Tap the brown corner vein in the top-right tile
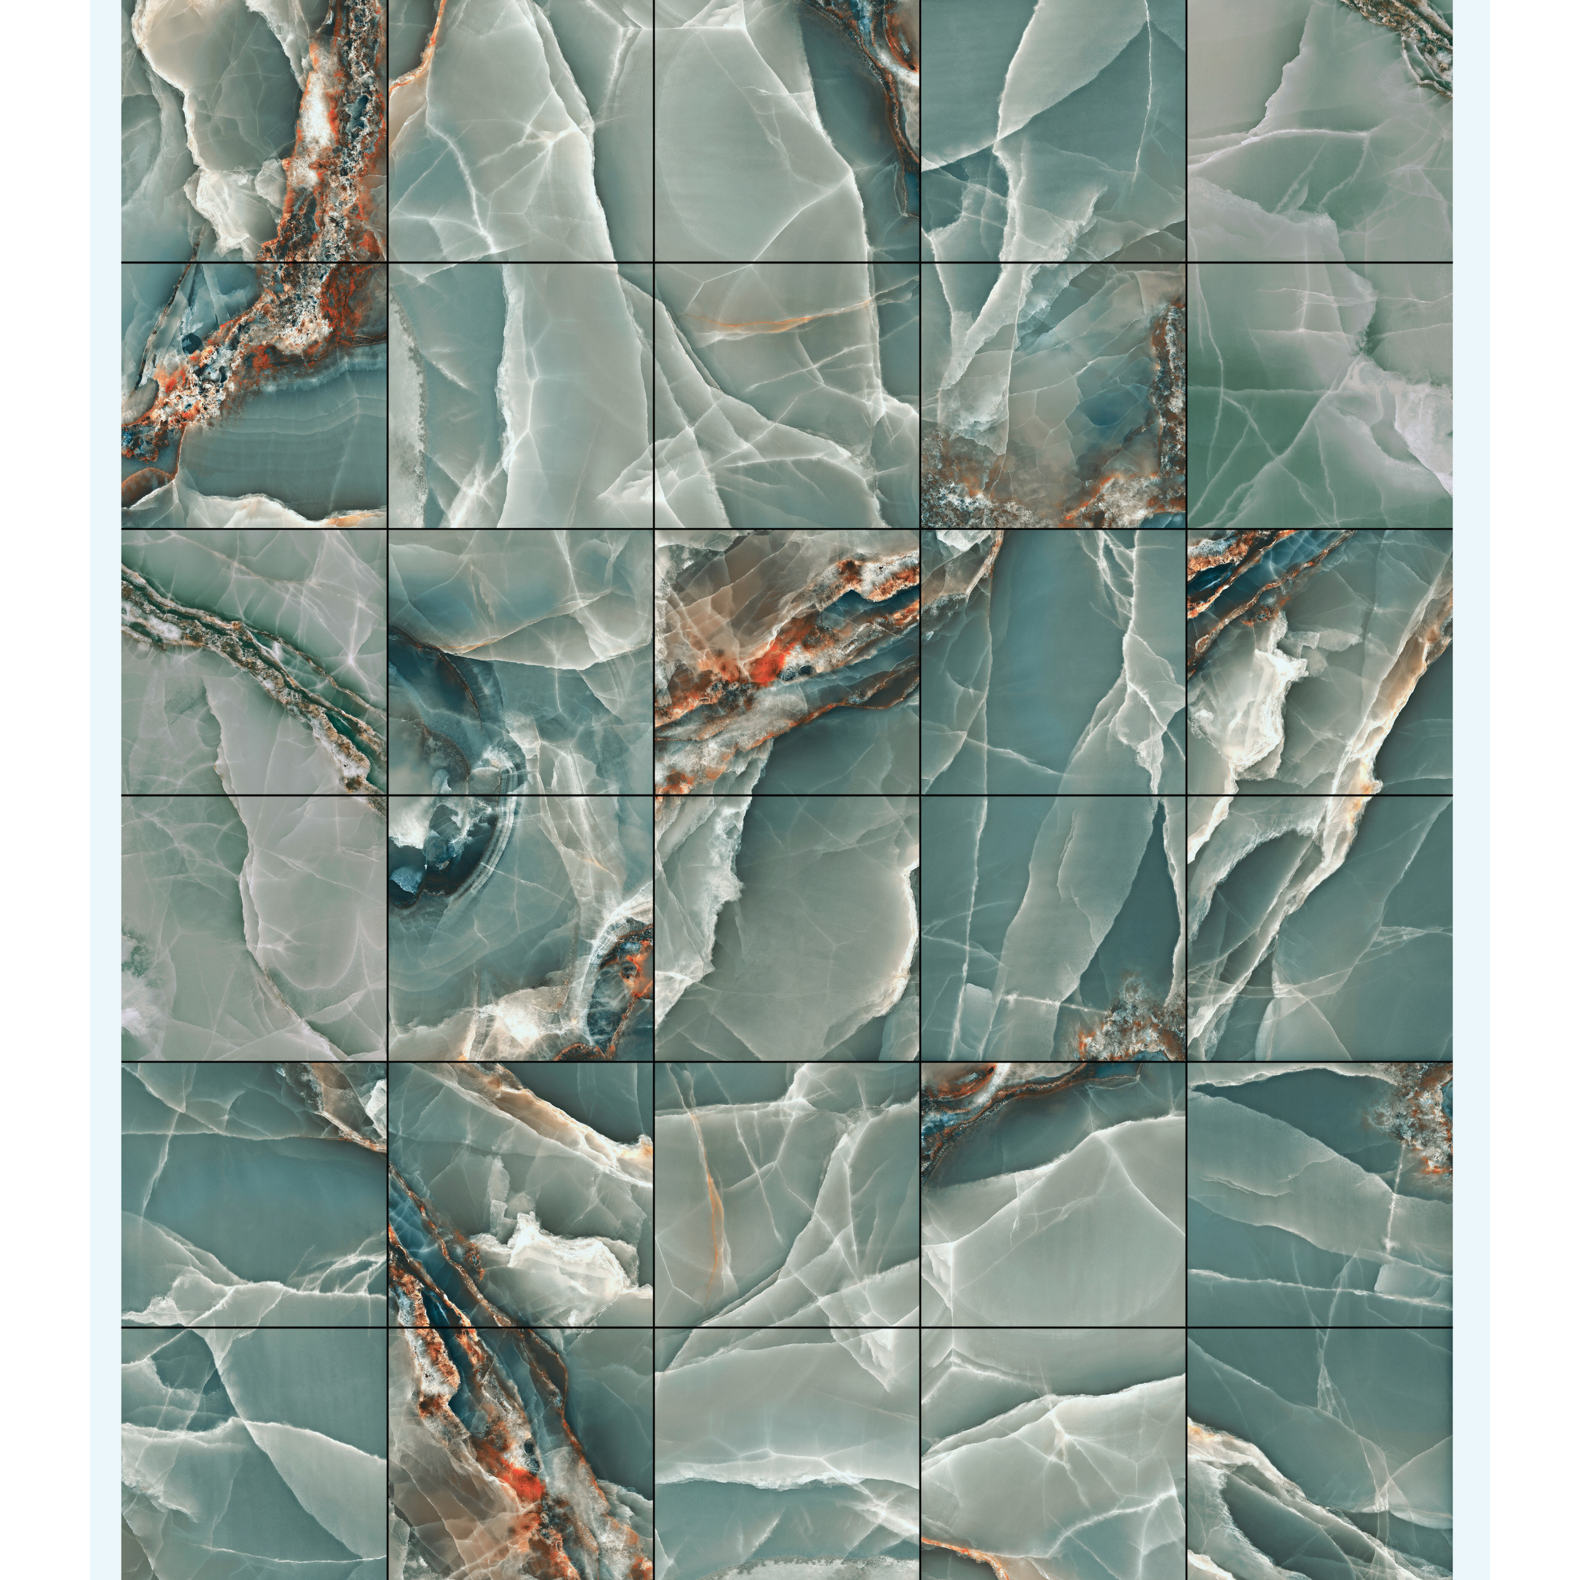pyautogui.click(x=1411, y=33)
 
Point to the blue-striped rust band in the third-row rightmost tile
pyautogui.click(x=1227, y=572)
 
